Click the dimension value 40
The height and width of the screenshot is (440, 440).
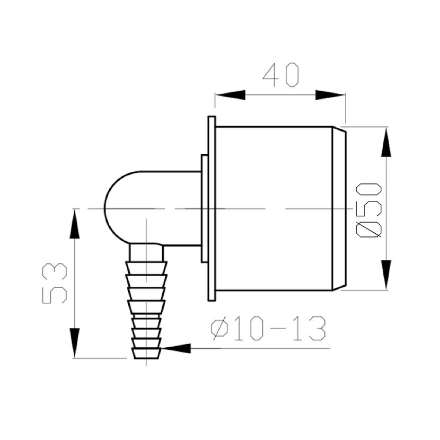coord(281,75)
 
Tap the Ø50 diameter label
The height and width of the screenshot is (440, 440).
coord(369,210)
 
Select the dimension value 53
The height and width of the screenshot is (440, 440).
coord(55,283)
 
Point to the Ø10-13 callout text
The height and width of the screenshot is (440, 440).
coord(268,328)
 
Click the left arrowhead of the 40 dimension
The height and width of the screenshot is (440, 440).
coord(230,95)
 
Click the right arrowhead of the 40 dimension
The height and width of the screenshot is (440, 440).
coord(330,95)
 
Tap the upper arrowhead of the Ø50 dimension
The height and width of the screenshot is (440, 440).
coord(386,142)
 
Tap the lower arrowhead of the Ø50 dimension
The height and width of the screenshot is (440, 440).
coord(386,275)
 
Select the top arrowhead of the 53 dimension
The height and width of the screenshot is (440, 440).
coord(74,224)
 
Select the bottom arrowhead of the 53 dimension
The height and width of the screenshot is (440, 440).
coord(74,343)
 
